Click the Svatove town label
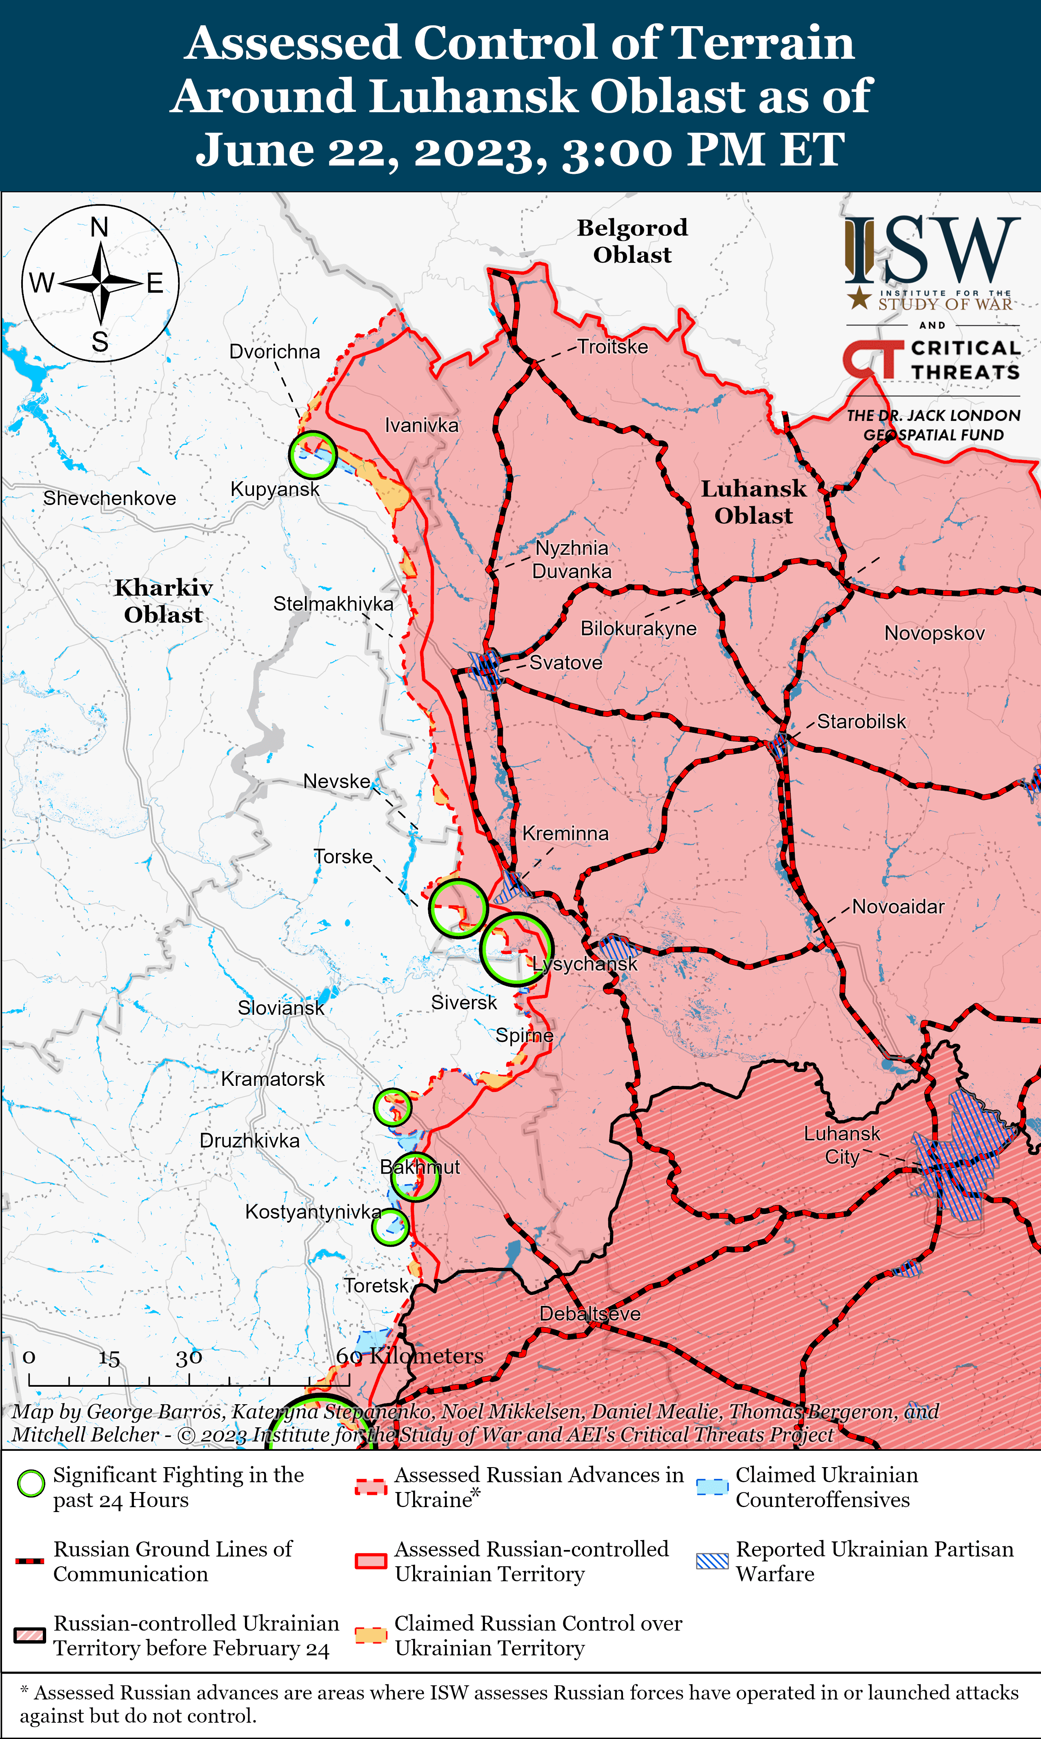point(565,663)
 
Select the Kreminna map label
point(565,834)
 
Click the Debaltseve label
point(590,1314)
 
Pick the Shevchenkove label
point(109,499)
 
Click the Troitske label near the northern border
point(612,347)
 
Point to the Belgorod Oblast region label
point(632,240)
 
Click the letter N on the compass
point(100,228)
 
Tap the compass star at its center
point(101,283)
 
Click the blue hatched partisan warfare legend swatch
point(712,1561)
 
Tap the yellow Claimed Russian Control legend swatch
point(370,1635)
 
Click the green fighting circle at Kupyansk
point(312,454)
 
